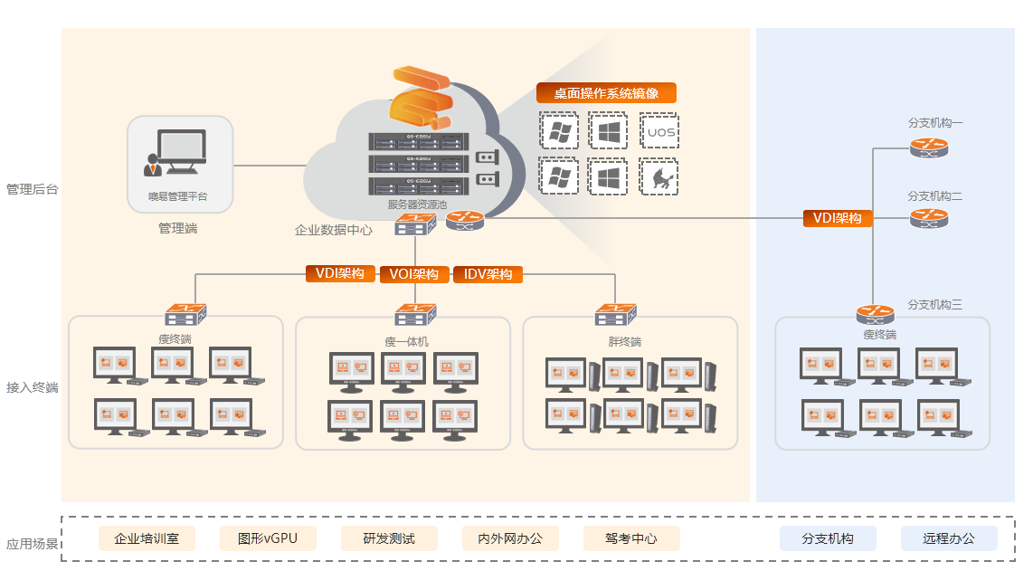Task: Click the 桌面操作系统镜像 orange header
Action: click(606, 93)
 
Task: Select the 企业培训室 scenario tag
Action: click(147, 538)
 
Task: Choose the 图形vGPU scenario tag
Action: click(268, 538)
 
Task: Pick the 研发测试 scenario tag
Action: click(389, 538)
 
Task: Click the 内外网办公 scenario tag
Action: click(510, 538)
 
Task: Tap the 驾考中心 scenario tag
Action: click(631, 538)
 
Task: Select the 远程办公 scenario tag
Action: click(949, 538)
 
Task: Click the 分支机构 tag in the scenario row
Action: click(828, 538)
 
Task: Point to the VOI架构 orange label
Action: click(414, 274)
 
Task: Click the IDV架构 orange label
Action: click(488, 274)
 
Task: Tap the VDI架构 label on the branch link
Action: click(838, 218)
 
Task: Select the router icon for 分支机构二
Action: click(929, 218)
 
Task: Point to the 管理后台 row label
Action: click(32, 189)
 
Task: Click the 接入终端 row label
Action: click(32, 387)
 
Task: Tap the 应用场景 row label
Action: click(32, 545)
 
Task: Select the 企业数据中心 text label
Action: click(333, 230)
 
